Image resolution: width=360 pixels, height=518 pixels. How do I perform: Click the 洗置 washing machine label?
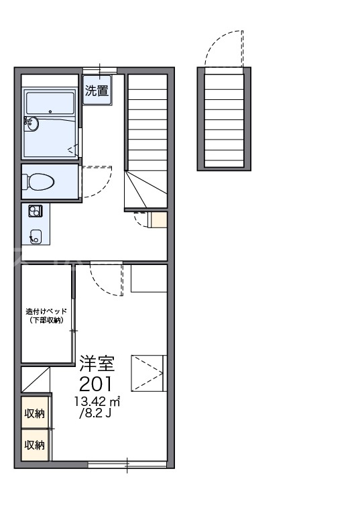(x=97, y=91)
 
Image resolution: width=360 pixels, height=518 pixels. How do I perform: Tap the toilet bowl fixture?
(x=38, y=182)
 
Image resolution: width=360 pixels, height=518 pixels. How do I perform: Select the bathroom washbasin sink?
(x=31, y=125)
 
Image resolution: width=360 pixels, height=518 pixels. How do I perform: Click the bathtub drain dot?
(x=50, y=111)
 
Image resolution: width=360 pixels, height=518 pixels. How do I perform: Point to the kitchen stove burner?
(x=35, y=211)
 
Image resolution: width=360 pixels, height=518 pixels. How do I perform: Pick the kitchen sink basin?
(x=35, y=236)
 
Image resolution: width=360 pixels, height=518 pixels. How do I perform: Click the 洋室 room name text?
(x=97, y=363)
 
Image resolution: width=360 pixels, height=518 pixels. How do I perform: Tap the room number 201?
(x=96, y=384)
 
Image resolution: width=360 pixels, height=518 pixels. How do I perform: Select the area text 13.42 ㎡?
(x=97, y=402)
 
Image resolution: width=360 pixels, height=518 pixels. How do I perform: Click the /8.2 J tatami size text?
(x=95, y=413)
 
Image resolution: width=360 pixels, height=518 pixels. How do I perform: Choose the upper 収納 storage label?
(x=35, y=413)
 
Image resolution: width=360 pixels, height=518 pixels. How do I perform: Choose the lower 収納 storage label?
(x=35, y=445)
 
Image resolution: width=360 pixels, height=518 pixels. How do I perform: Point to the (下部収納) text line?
(x=46, y=320)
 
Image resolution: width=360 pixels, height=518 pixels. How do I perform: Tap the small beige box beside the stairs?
(x=159, y=219)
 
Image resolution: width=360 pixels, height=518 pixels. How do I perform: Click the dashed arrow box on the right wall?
(x=149, y=373)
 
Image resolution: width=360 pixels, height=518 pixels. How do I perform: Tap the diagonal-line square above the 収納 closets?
(x=36, y=380)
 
